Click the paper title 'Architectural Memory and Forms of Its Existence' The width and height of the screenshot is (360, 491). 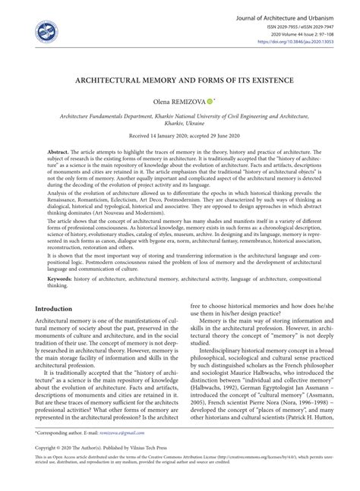[180, 77]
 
